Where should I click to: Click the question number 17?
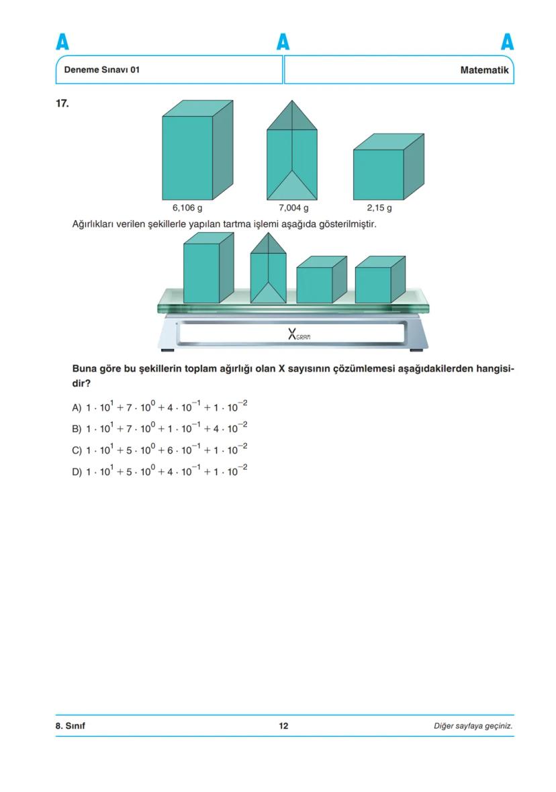(62, 103)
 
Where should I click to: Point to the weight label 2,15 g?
(379, 208)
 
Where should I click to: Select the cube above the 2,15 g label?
(387, 168)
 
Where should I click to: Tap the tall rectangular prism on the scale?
(207, 268)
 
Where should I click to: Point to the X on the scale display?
(292, 334)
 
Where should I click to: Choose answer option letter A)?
(77, 407)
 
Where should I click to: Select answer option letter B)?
(77, 429)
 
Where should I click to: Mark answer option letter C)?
(77, 450)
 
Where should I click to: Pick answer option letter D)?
(77, 472)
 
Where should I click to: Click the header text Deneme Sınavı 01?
(101, 70)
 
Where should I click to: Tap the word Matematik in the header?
(484, 70)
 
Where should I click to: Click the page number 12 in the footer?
(283, 726)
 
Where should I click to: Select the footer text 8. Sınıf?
(70, 726)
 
